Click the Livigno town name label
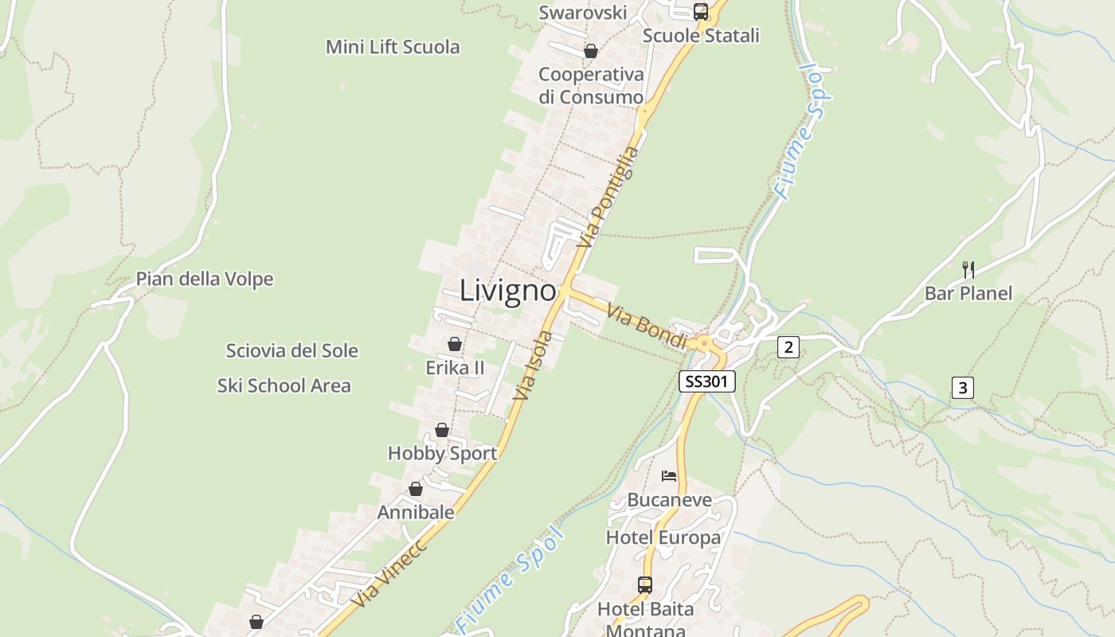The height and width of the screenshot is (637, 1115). (x=507, y=291)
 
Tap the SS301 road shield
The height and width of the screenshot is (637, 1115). (x=706, y=381)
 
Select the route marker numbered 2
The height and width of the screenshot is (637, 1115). (x=788, y=346)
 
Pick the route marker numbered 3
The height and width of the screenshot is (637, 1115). (x=962, y=388)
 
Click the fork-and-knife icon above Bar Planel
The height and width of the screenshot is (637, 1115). (x=968, y=269)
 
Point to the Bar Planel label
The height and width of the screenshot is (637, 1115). (x=968, y=293)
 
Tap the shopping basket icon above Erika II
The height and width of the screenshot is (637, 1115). (x=455, y=344)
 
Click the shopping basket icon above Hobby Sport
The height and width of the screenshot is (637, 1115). (x=442, y=430)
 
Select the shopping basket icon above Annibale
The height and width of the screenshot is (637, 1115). (x=416, y=489)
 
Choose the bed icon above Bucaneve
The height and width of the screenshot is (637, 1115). (x=669, y=476)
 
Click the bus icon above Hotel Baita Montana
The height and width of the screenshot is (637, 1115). (x=645, y=585)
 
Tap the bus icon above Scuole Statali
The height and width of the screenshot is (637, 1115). (x=701, y=11)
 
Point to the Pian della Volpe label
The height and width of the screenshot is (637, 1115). (x=205, y=279)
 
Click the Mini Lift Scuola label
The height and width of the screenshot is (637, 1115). (x=393, y=47)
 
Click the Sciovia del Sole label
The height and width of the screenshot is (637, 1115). (x=291, y=350)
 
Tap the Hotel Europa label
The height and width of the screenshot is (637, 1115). (x=663, y=537)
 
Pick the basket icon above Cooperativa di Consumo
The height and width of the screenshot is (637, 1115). (x=591, y=52)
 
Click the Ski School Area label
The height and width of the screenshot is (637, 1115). (x=284, y=385)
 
